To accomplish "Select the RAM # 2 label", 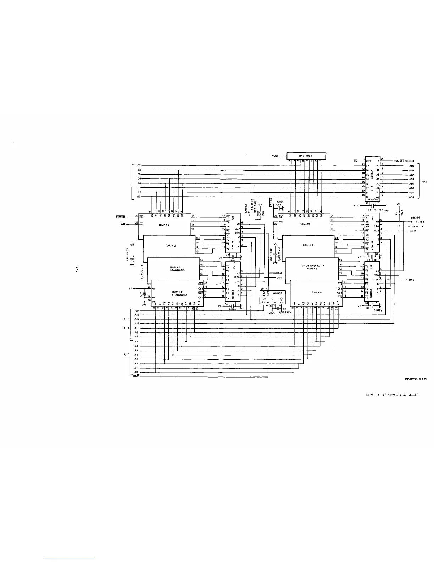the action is pyautogui.click(x=169, y=246).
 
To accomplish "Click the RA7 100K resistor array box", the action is pyautogui.click(x=306, y=156).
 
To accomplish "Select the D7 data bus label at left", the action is pyautogui.click(x=139, y=166).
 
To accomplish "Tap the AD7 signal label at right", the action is pyautogui.click(x=412, y=166).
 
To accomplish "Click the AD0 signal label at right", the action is pyautogui.click(x=412, y=197).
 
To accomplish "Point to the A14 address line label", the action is pyautogui.click(x=137, y=310).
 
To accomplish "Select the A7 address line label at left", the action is pyautogui.click(x=136, y=341).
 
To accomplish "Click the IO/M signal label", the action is pyautogui.click(x=136, y=376).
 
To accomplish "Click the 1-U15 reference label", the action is pyautogui.click(x=125, y=354).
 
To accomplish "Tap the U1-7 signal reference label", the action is pyautogui.click(x=412, y=231).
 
